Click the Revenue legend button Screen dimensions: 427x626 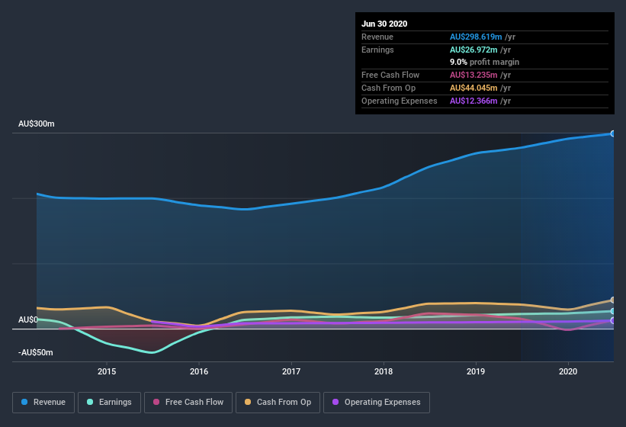tap(43, 402)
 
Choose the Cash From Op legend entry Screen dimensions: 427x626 tap(277, 402)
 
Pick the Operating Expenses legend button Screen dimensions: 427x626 tap(376, 402)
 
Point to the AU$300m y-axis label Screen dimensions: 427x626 tap(37, 124)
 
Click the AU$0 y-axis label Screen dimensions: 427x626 tap(28, 319)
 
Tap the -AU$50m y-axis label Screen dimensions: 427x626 tap(37, 352)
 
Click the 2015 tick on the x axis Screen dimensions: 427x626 tap(107, 371)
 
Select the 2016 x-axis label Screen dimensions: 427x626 tap(199, 371)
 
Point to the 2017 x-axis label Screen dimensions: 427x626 tap(291, 371)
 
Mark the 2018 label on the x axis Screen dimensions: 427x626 tap(384, 371)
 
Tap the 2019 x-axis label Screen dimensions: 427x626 tap(476, 371)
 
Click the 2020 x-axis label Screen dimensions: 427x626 tap(568, 371)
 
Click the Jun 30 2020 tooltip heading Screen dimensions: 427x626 tap(384, 24)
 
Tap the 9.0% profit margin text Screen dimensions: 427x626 tap(484, 62)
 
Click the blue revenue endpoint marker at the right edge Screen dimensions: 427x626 tap(613, 133)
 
